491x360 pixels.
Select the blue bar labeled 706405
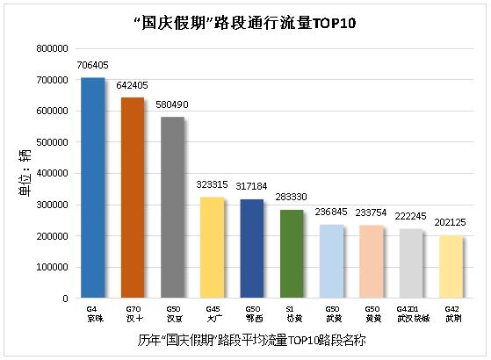pyautogui.click(x=92, y=188)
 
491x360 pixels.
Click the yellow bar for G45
pyautogui.click(x=213, y=248)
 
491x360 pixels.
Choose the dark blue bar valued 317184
pyautogui.click(x=252, y=248)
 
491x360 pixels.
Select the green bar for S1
pyautogui.click(x=292, y=254)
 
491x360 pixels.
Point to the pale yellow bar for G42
pyautogui.click(x=451, y=267)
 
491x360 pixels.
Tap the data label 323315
pyautogui.click(x=213, y=185)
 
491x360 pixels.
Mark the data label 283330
pyautogui.click(x=292, y=198)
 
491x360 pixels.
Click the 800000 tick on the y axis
pyautogui.click(x=52, y=48)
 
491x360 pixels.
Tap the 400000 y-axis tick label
pyautogui.click(x=52, y=174)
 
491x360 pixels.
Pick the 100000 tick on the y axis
pyautogui.click(x=52, y=268)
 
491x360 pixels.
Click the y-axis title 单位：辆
pyautogui.click(x=27, y=172)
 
